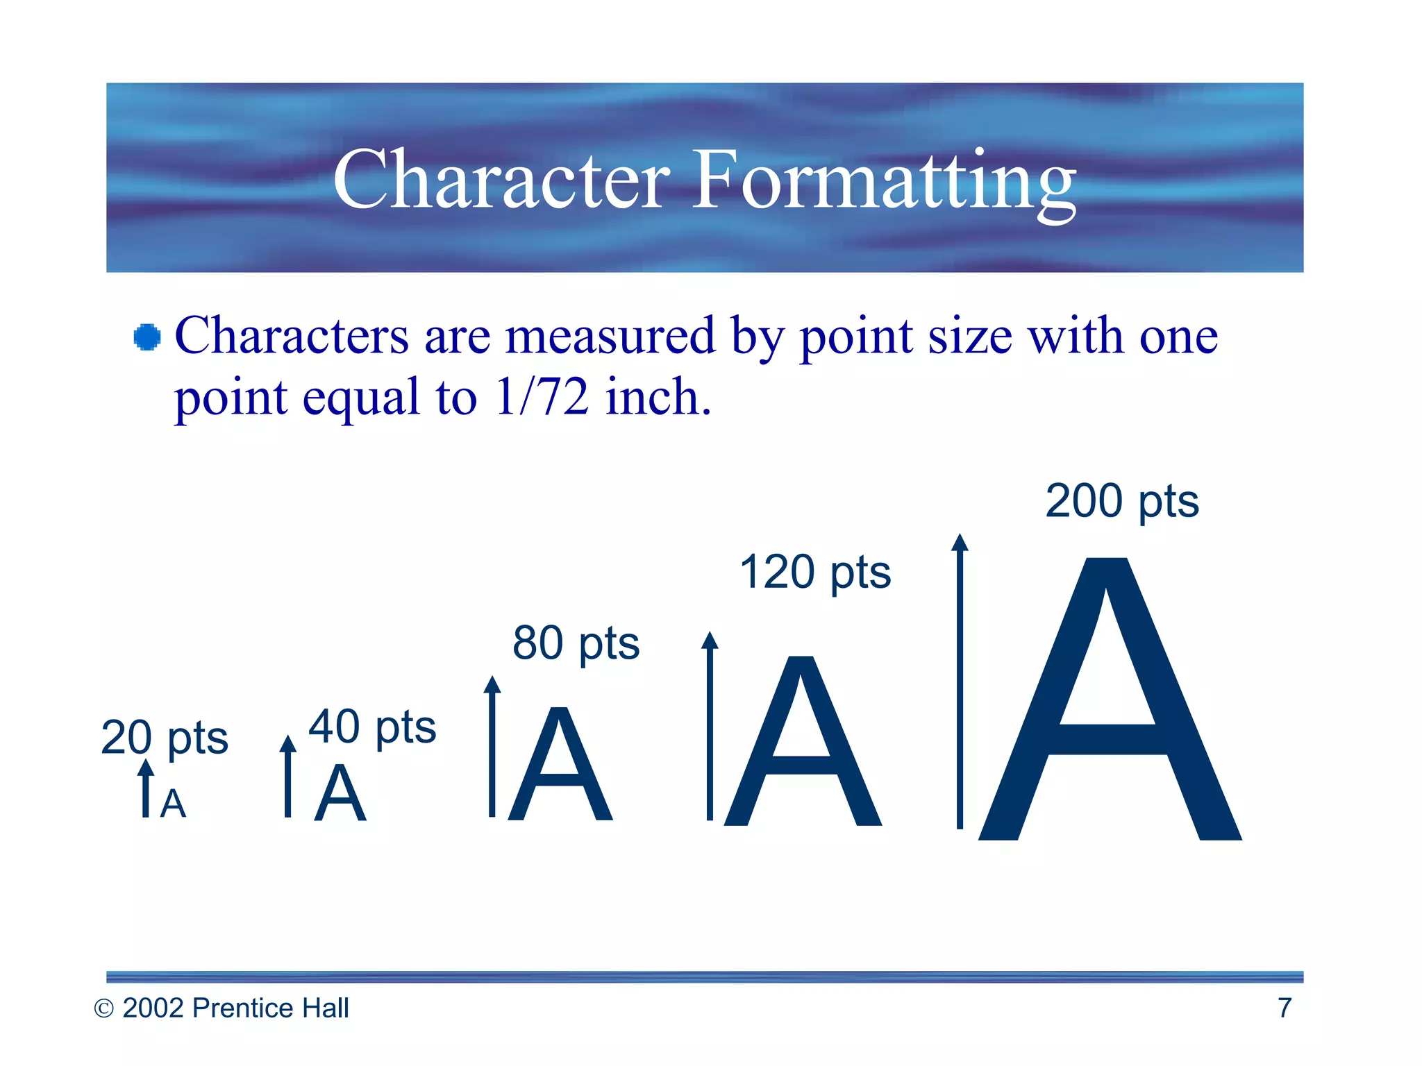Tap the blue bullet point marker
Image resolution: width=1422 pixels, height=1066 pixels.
tap(147, 337)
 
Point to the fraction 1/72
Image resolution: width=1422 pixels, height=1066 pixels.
tap(542, 397)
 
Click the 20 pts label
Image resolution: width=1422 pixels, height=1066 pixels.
tap(165, 738)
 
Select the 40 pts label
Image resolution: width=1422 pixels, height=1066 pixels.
tap(372, 727)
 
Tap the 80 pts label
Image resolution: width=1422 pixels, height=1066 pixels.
tap(576, 643)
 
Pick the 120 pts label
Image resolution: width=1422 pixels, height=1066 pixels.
tap(815, 573)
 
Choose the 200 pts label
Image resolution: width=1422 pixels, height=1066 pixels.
tap(1122, 501)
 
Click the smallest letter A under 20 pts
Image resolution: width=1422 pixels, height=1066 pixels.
tap(173, 804)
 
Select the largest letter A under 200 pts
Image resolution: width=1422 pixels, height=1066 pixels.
tap(1110, 701)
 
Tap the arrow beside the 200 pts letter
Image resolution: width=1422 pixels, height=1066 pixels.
tap(960, 680)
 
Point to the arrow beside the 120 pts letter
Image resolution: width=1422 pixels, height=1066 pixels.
tap(710, 725)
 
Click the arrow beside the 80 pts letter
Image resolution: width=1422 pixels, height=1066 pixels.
tap(492, 746)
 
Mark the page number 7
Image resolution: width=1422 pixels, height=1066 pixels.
tap(1285, 1008)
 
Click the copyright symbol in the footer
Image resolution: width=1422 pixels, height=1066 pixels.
tap(103, 1008)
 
